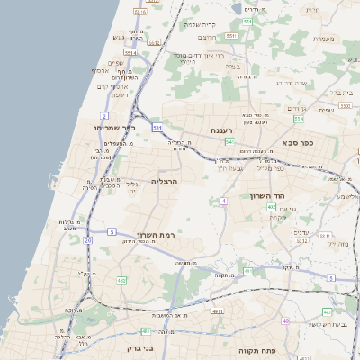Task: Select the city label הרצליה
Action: point(165,181)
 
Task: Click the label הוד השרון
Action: point(266,195)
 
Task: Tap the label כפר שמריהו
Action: point(114,128)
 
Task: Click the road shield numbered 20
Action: point(87,240)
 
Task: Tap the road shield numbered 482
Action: point(121,281)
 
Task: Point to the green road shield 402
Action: point(271,207)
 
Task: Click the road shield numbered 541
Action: point(230,142)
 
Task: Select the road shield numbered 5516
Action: point(139,13)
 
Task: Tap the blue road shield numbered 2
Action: point(104,116)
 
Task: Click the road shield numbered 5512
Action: point(154,42)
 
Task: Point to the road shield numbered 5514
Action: point(130,53)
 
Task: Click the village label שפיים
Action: point(115,62)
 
